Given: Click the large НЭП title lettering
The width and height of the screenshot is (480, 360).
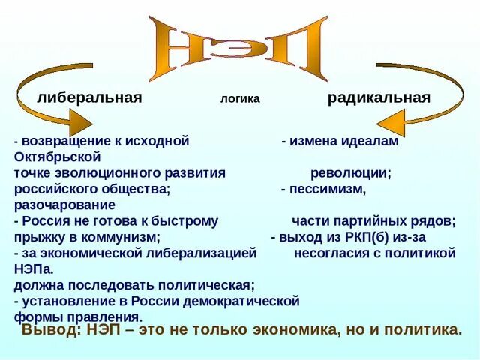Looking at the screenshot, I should (238, 49).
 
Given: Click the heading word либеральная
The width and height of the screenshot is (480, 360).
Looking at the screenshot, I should (89, 97).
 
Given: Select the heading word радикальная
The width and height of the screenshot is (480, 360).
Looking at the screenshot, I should (379, 97).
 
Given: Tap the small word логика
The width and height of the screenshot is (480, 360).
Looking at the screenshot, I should (240, 99).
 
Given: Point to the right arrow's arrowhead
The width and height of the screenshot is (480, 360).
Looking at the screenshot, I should (397, 120).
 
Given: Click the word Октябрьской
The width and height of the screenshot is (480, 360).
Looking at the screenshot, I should (57, 157).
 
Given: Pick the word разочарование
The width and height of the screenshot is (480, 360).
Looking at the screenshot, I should (64, 205).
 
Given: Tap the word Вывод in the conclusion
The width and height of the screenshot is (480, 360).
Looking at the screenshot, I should (49, 330).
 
